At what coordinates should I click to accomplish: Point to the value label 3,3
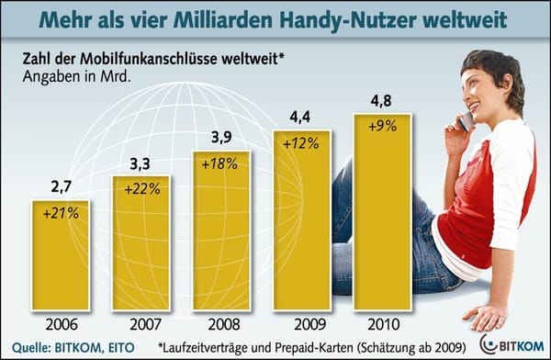pyautogui.click(x=141, y=164)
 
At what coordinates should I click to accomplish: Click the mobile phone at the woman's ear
pyautogui.click(x=466, y=118)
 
